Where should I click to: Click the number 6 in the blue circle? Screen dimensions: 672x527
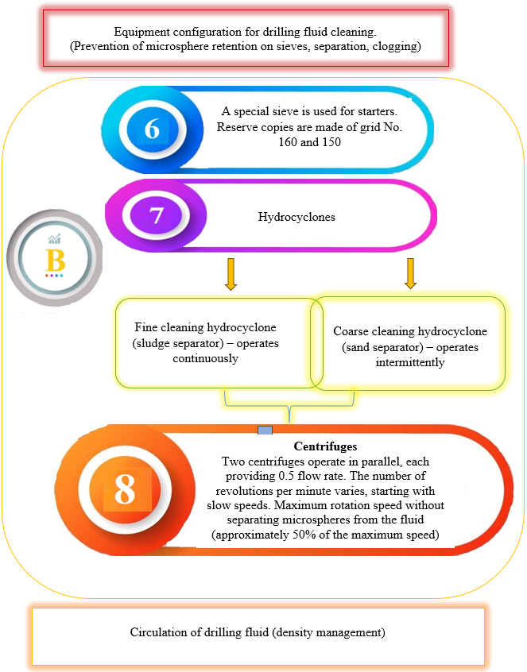click(153, 128)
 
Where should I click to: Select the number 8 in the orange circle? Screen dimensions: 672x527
click(124, 490)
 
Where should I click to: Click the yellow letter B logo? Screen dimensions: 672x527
click(55, 260)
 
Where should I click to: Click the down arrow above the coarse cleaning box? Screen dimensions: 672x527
click(410, 273)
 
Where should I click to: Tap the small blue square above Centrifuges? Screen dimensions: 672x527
click(265, 430)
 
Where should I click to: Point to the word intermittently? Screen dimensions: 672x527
click(409, 362)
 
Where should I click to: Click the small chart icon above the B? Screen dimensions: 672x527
click(55, 238)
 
